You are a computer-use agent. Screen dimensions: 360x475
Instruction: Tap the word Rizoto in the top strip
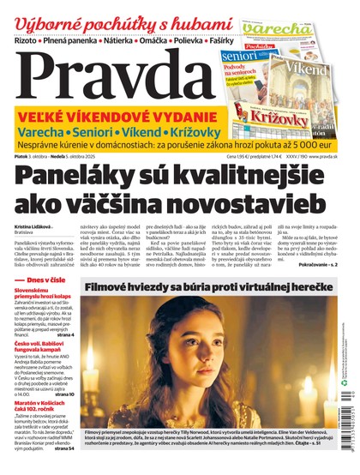[x=31, y=39]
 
